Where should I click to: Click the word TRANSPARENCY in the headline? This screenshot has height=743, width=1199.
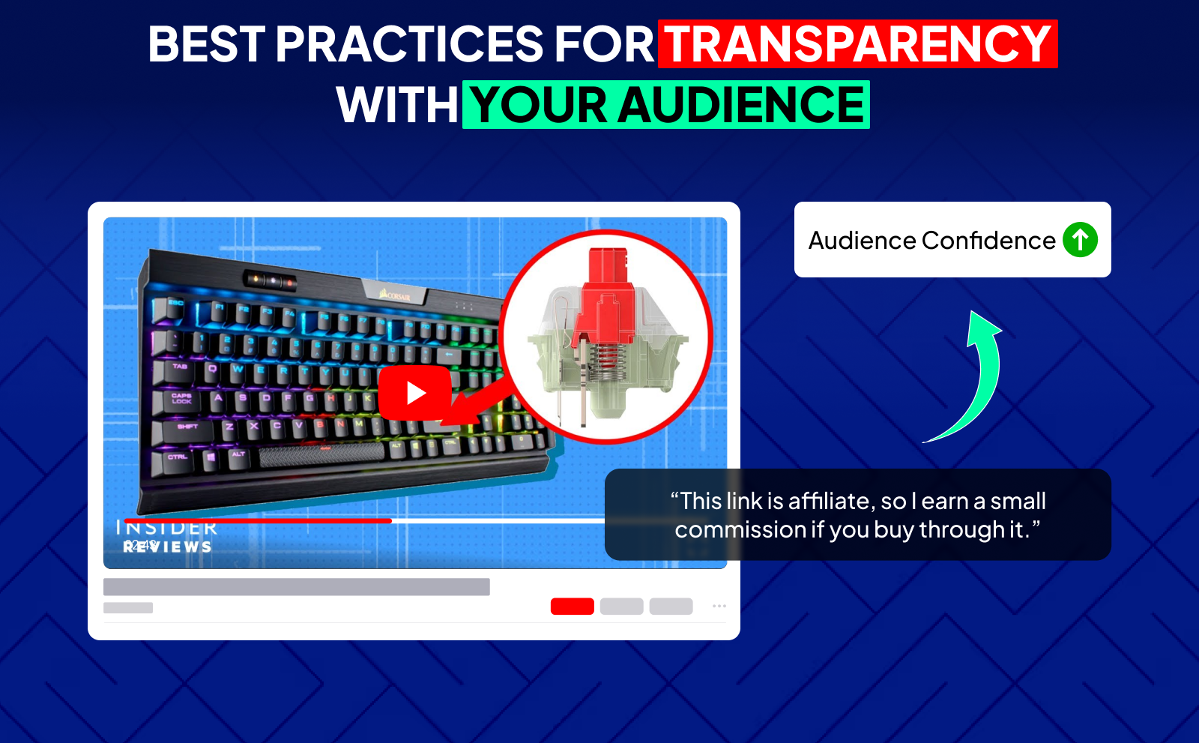click(x=857, y=44)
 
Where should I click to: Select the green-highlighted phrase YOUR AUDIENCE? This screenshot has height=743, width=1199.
click(x=666, y=105)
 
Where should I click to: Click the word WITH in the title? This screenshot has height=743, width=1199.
click(x=397, y=105)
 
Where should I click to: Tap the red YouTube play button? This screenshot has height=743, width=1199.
click(x=414, y=393)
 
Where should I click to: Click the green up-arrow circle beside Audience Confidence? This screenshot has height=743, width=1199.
click(x=1080, y=240)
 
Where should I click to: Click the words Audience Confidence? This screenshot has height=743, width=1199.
click(x=931, y=241)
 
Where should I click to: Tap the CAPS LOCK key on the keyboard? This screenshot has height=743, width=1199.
click(x=181, y=399)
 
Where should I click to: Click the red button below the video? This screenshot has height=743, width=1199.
click(x=572, y=606)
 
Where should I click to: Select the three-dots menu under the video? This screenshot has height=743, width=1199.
click(x=719, y=606)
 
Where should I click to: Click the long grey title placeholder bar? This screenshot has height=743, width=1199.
click(x=296, y=586)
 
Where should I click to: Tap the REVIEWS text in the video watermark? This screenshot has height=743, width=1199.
click(x=168, y=547)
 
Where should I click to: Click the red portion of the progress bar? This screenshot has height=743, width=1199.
click(x=258, y=520)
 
